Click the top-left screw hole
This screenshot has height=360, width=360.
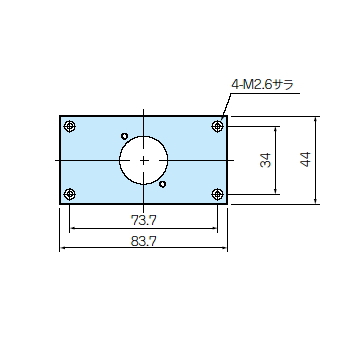click(x=69, y=126)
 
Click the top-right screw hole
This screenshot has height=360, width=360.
click(x=217, y=126)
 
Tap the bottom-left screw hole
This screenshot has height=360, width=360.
click(x=69, y=194)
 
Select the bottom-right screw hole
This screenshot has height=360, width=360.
click(x=217, y=194)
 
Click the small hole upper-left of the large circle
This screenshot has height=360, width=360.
click(x=125, y=136)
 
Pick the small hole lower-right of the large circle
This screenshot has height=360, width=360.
click(x=162, y=184)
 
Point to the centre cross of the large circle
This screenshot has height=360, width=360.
click(x=143, y=160)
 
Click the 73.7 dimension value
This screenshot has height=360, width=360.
click(x=143, y=220)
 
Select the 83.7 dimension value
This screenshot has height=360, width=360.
click(x=143, y=241)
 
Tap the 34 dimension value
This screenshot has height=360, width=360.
click(x=265, y=160)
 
